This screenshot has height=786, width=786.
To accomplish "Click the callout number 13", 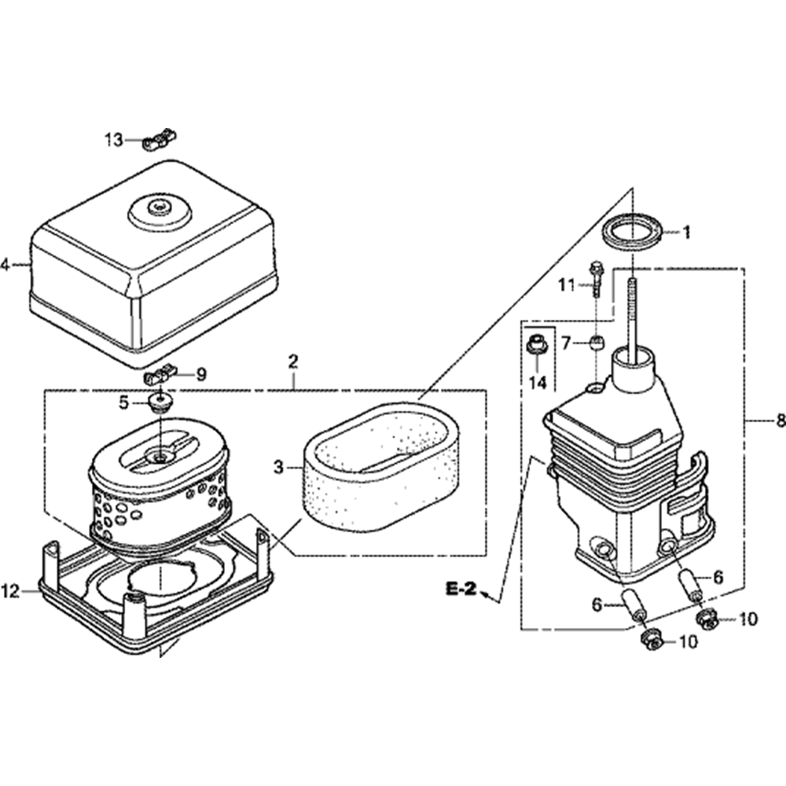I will (x=114, y=140).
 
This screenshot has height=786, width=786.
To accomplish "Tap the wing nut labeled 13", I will (x=160, y=141).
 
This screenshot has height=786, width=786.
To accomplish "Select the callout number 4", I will (x=5, y=265).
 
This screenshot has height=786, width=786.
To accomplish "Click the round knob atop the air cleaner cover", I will (x=160, y=207).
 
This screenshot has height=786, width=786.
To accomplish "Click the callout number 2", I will (x=293, y=362).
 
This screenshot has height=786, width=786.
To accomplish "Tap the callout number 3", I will (x=278, y=468).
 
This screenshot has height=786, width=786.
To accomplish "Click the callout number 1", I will (x=685, y=233).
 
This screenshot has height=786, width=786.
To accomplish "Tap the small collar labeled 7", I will (x=597, y=343).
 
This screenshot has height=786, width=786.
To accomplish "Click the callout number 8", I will (x=780, y=421).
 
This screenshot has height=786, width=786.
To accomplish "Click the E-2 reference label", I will (x=461, y=589).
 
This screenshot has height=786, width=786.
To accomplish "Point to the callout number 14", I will (x=537, y=383).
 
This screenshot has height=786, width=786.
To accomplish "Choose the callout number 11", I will (x=567, y=285).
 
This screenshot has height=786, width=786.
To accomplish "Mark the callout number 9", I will (x=201, y=375).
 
